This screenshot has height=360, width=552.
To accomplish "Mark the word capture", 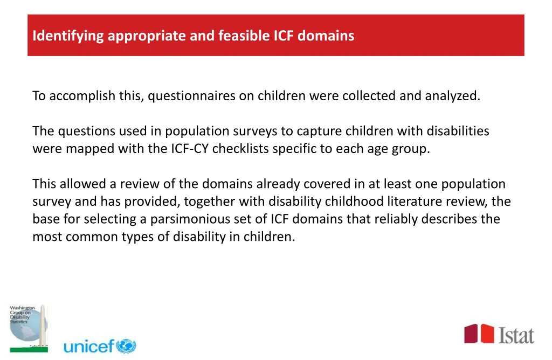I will point(320,131).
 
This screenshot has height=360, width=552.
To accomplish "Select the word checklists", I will point(240,148).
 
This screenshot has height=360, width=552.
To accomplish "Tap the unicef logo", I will point(100,346).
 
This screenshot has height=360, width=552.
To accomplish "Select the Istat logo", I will point(499,334).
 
